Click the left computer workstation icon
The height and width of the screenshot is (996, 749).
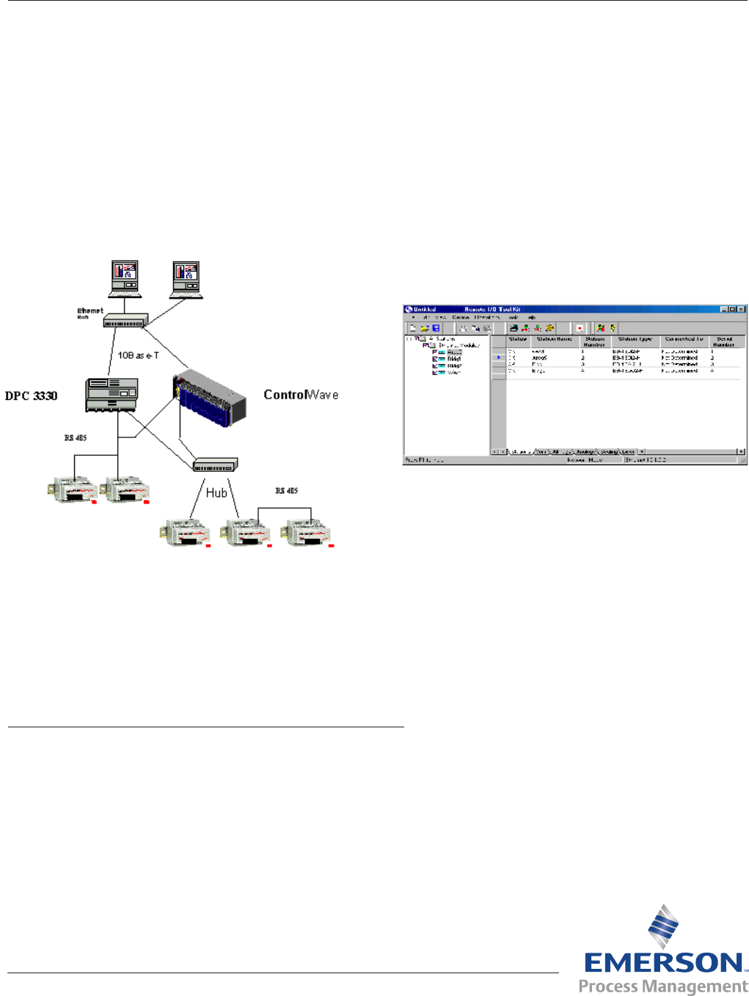[x=125, y=278]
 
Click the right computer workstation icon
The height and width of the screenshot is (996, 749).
[x=186, y=280]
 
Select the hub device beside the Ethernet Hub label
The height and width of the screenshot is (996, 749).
[x=125, y=321]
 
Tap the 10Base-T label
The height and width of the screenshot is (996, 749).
[x=139, y=355]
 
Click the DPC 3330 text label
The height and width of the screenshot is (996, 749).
[x=31, y=396]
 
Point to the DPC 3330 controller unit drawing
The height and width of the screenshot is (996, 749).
[x=111, y=395]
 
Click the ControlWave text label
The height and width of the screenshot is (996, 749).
[x=301, y=395]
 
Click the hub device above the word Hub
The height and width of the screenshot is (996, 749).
[x=215, y=465]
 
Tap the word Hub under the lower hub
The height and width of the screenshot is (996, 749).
[x=216, y=493]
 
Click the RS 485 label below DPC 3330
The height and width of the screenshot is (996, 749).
[x=76, y=438]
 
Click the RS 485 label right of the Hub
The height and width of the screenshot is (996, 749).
[x=286, y=491]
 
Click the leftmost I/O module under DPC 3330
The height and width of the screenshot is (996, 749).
[x=71, y=490]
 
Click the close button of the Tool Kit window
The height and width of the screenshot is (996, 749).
[x=741, y=310]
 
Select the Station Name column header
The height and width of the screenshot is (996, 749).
[x=554, y=340]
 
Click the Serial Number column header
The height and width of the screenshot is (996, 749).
[x=724, y=341]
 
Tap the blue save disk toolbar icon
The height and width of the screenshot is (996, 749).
[x=436, y=328]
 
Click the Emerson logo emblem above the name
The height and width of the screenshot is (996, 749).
[x=663, y=926]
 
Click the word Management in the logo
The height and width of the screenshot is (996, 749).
[x=696, y=986]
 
